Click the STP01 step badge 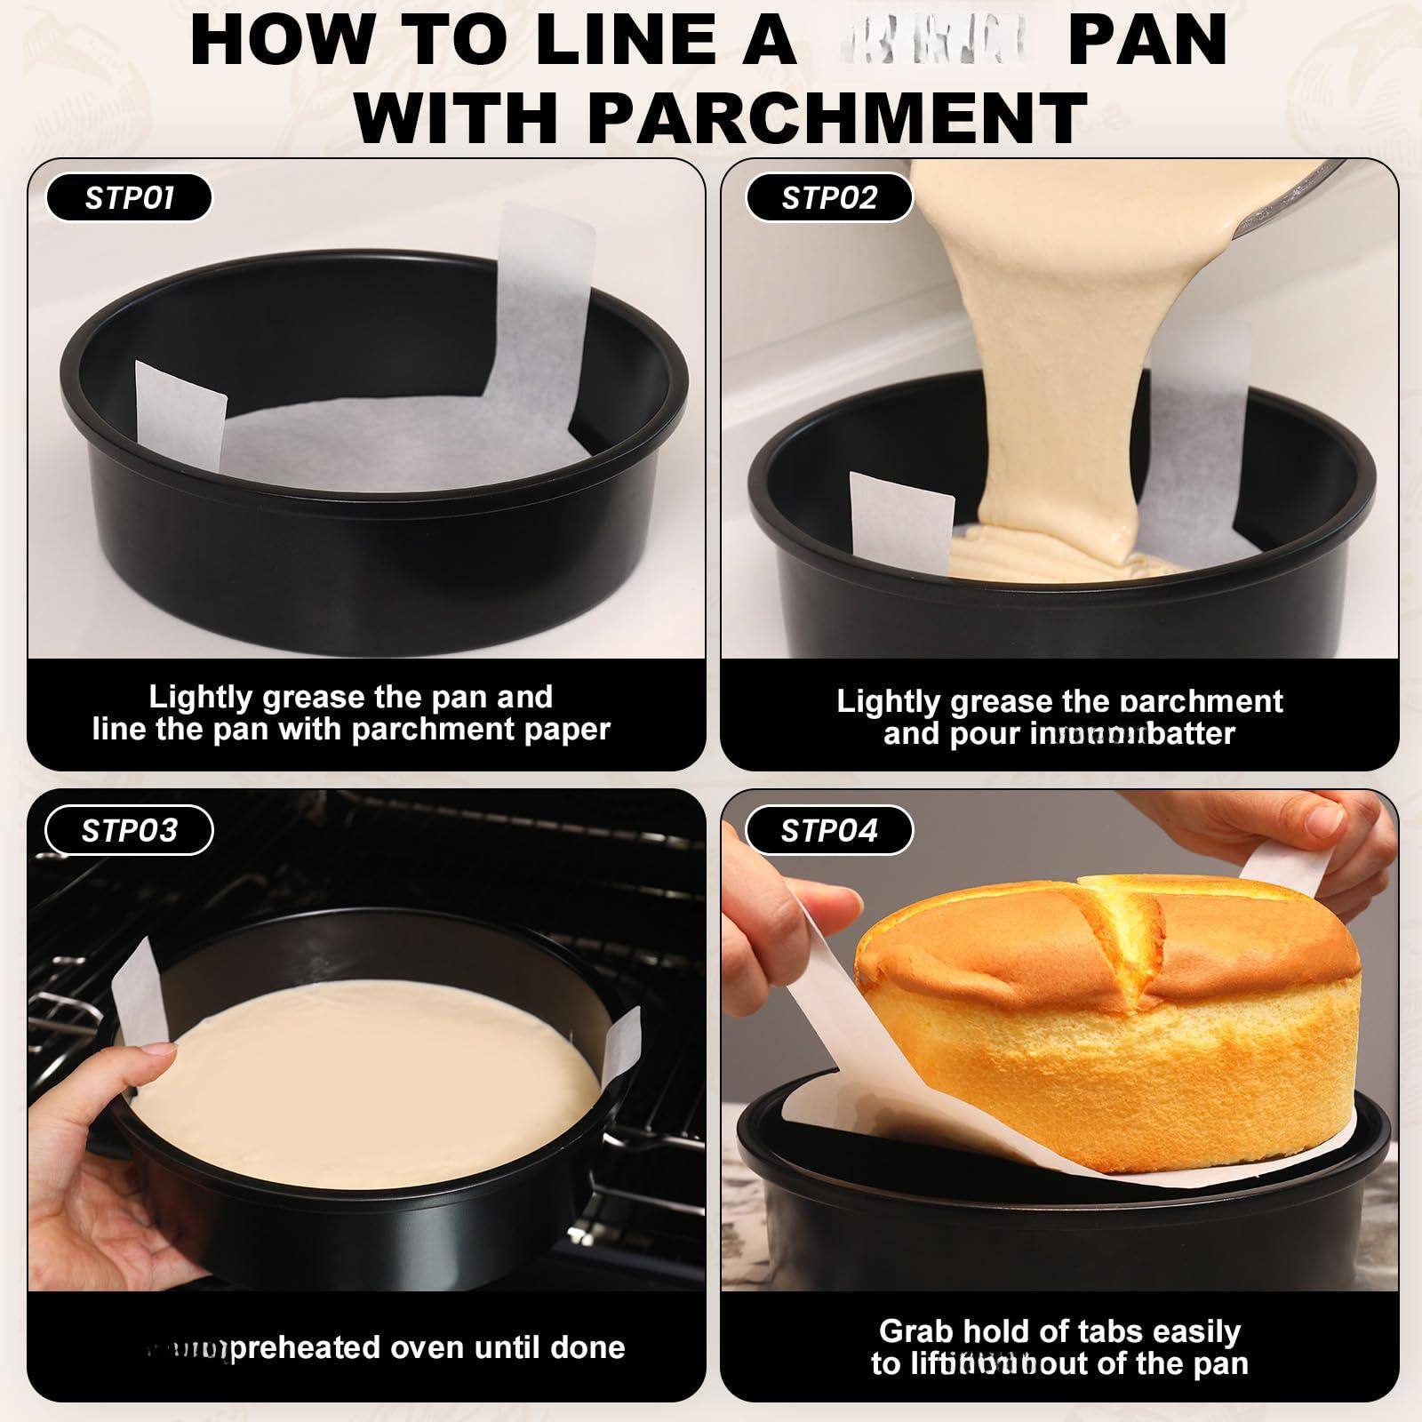(x=129, y=197)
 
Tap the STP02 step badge (x=828, y=197)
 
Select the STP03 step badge (x=129, y=830)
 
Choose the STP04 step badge (x=828, y=830)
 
